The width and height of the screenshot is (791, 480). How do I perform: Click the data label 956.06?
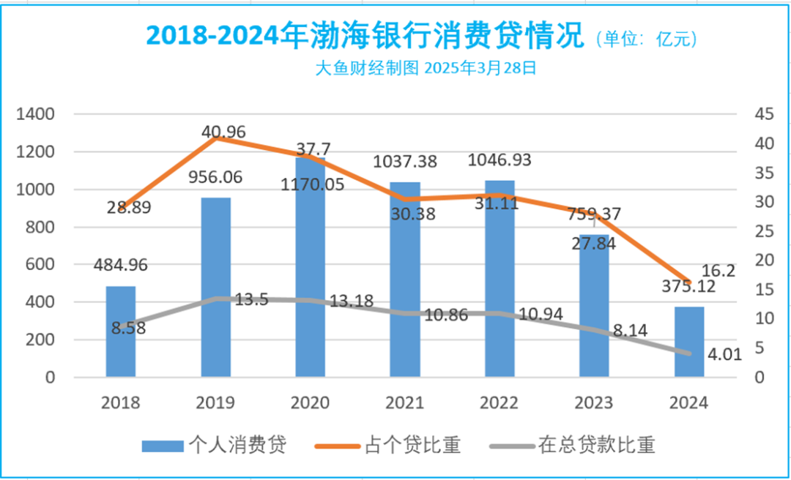(x=216, y=178)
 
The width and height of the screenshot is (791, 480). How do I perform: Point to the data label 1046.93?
(x=500, y=160)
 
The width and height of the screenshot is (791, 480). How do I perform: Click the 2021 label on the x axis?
(x=405, y=402)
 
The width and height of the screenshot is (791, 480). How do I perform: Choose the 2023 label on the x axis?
(x=595, y=402)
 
